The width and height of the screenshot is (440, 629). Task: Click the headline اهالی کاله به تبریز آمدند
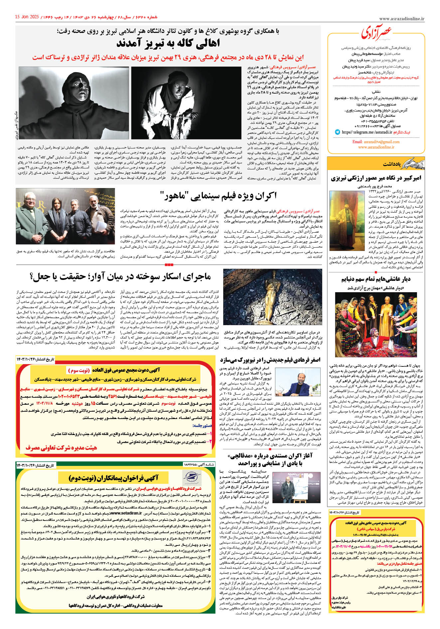(x=168, y=44)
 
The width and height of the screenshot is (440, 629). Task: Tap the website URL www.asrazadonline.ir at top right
(x=401, y=19)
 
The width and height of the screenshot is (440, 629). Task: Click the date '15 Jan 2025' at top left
(x=27, y=17)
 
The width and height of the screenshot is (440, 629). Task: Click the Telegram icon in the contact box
(x=338, y=132)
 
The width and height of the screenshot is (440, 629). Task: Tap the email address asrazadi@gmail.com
(x=376, y=142)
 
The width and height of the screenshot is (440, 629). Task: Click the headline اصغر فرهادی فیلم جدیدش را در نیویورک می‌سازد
(x=270, y=360)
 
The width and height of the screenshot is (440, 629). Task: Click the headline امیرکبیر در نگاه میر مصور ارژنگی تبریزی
(x=376, y=178)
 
